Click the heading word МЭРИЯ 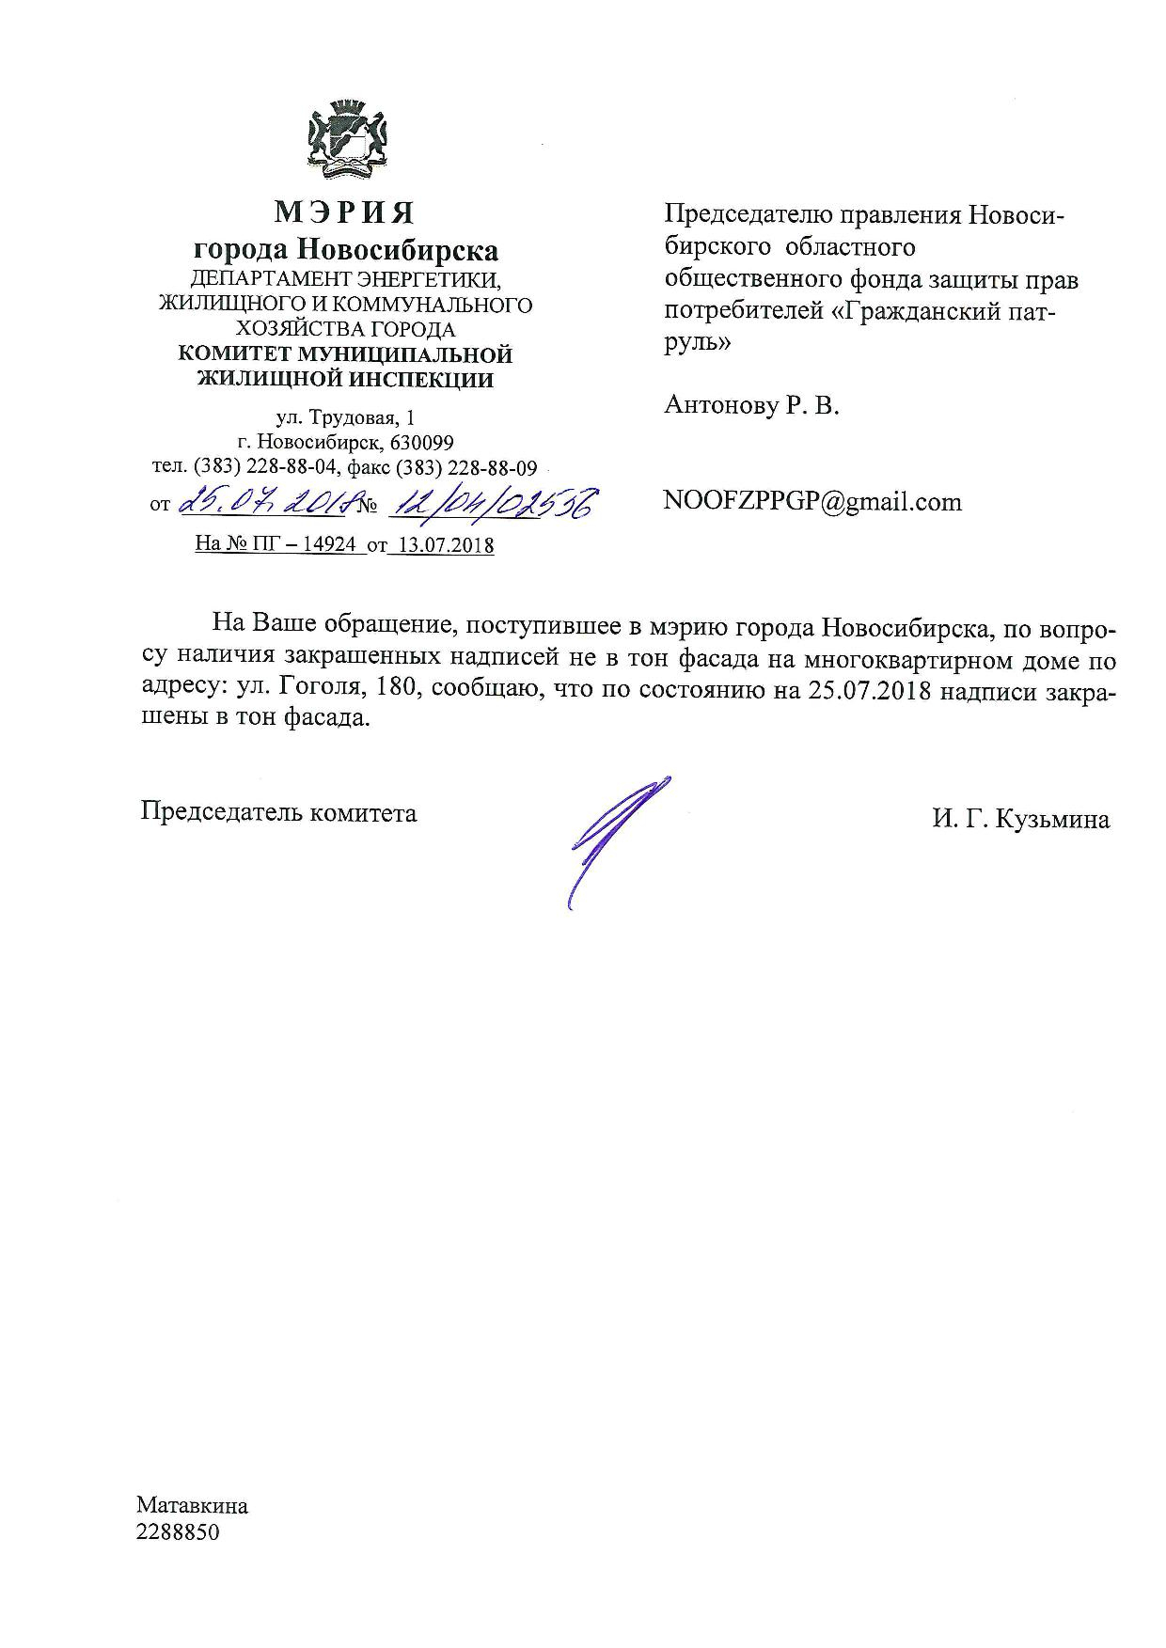pyautogui.click(x=344, y=212)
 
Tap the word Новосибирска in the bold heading pyautogui.click(x=398, y=250)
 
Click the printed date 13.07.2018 pyautogui.click(x=442, y=545)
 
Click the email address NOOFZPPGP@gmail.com pyautogui.click(x=812, y=501)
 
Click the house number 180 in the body pyautogui.click(x=393, y=689)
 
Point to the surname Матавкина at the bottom pyautogui.click(x=192, y=1506)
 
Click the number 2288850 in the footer pyautogui.click(x=178, y=1532)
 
